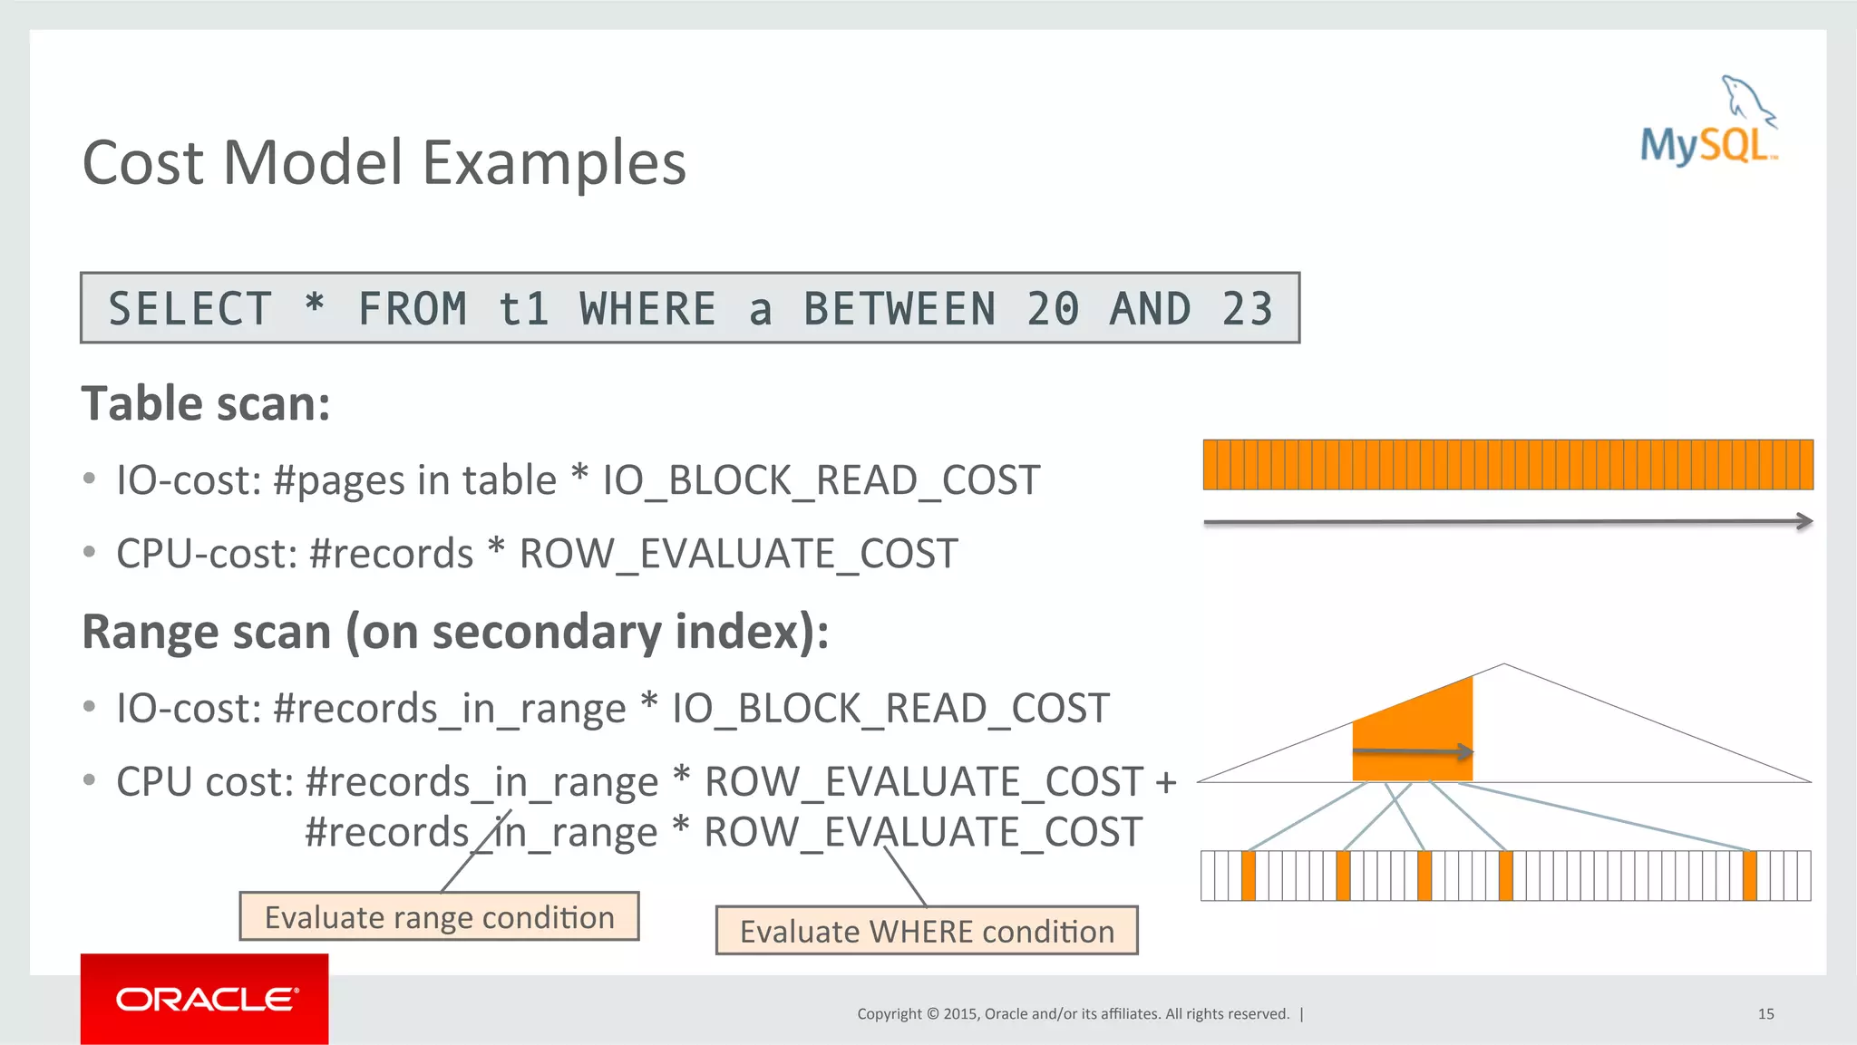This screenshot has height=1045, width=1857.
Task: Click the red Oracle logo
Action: point(204,999)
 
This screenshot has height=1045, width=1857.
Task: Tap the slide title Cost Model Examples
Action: point(384,163)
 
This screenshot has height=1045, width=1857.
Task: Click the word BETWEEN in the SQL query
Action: point(899,309)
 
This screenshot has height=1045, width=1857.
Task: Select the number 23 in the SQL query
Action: point(1247,309)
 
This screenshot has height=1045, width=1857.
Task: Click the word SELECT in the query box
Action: point(190,309)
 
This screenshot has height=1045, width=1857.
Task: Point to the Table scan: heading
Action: point(207,404)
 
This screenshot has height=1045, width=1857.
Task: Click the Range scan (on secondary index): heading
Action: point(455,632)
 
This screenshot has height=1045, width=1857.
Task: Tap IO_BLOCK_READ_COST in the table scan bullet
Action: point(822,480)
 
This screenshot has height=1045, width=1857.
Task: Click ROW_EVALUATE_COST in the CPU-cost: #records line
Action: point(738,554)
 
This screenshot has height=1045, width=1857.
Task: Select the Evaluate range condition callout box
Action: point(439,917)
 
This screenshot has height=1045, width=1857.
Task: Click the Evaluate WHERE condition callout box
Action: point(926,932)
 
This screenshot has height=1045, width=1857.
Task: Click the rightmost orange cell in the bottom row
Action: point(1749,876)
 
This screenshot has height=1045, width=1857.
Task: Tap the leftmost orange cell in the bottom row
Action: point(1249,876)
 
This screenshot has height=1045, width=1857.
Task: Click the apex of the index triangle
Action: point(1504,665)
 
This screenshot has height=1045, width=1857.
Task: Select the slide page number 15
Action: point(1765,1014)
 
